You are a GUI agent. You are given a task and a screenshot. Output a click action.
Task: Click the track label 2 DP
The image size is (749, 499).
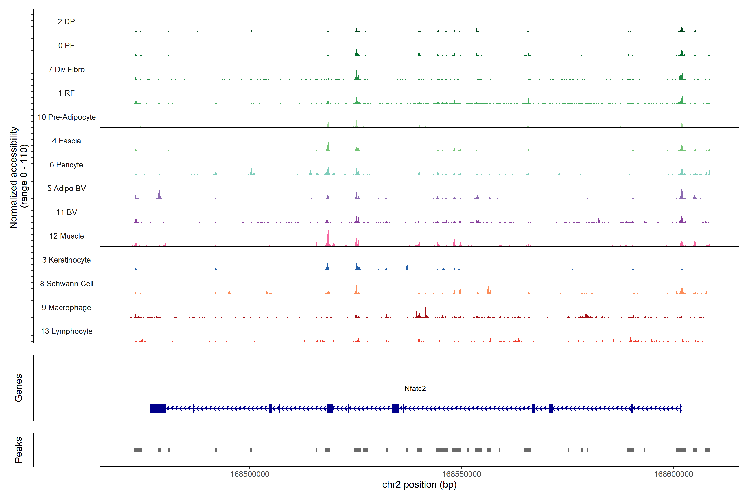(x=66, y=22)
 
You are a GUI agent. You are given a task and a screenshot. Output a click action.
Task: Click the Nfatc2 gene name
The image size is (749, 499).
(x=415, y=389)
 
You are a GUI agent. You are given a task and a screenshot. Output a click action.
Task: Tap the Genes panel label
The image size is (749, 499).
(x=19, y=388)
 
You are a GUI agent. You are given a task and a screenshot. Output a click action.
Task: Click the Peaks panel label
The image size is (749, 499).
(x=19, y=450)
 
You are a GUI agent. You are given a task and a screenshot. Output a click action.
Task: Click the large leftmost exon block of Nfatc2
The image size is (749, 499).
(x=158, y=408)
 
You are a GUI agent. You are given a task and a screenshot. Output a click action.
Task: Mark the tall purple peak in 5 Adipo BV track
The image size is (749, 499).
(x=159, y=193)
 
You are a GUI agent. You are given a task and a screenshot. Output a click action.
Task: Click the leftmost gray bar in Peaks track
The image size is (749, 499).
(x=138, y=450)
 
